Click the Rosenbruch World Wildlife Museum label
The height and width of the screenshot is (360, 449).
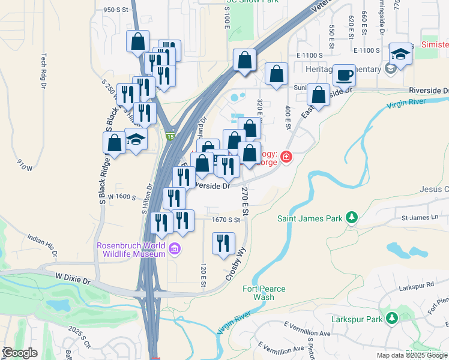pos(131,249)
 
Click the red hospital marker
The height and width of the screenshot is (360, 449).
pos(286,157)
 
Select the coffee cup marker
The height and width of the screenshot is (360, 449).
pos(344,75)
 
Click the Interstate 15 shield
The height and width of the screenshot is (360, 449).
pos(170,137)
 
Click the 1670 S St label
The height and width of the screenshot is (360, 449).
pos(226,220)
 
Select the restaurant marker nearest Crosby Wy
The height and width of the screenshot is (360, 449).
pos(223,243)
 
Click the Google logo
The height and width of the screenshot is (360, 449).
pos(20,353)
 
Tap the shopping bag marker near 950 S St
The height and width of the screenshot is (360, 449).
pos(137,41)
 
